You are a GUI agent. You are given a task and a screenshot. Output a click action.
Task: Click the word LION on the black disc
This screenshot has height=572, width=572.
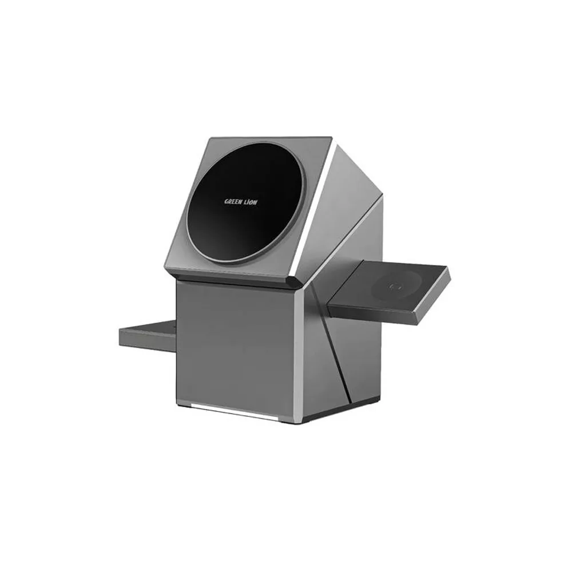(251, 202)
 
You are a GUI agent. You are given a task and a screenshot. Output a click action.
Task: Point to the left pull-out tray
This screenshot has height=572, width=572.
(148, 334)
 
